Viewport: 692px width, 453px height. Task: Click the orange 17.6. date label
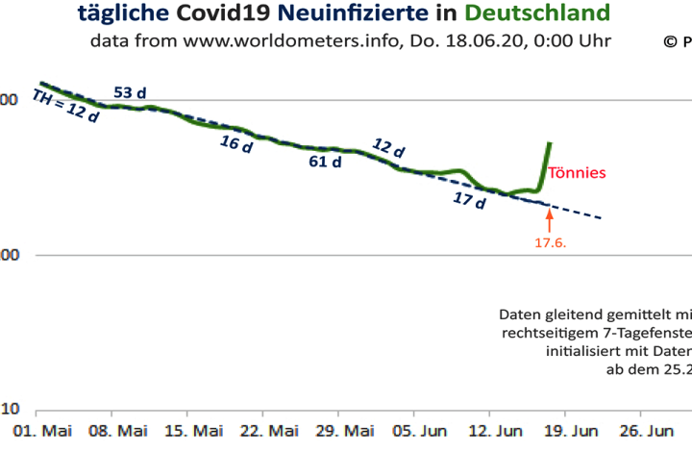click(551, 243)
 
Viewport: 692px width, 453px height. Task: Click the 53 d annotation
click(130, 92)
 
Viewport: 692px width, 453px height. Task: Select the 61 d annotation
click(325, 162)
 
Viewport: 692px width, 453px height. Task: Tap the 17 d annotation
click(469, 200)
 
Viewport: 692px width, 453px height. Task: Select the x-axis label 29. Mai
click(346, 429)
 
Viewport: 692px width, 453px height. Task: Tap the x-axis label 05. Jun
click(422, 429)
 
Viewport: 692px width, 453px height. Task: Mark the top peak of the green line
click(550, 143)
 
